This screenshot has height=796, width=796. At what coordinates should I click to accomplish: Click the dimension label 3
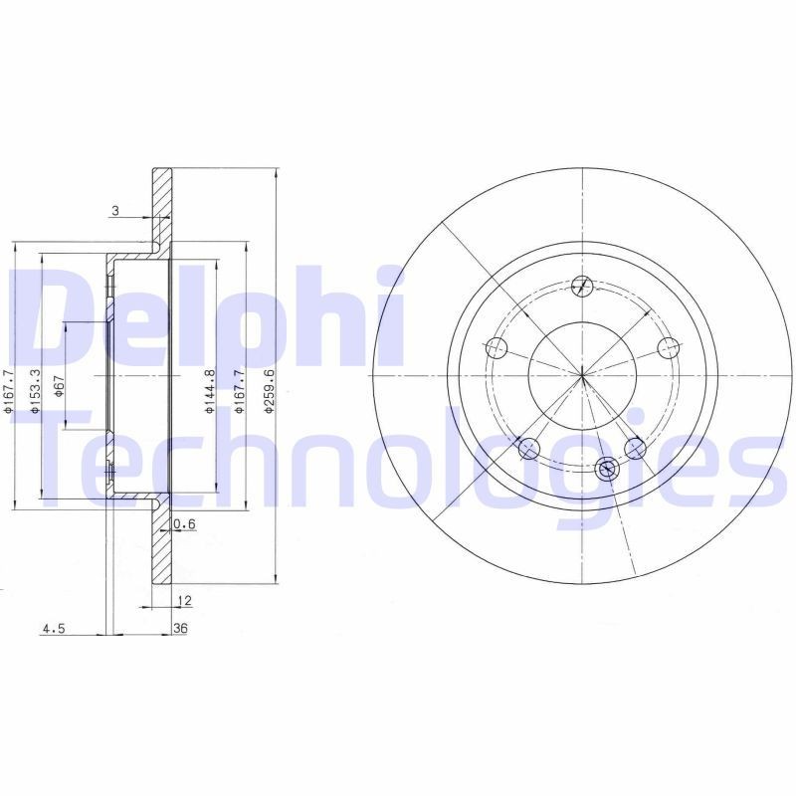(115, 210)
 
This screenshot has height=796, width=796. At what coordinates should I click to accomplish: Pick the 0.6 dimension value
(183, 524)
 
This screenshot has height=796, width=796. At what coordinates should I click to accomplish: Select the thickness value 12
(183, 600)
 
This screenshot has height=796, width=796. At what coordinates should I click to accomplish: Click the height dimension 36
(180, 628)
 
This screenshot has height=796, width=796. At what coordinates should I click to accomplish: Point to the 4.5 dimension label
(53, 628)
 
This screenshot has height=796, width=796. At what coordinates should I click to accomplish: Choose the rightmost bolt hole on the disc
(669, 347)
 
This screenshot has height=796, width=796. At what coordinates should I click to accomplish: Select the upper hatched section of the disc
(161, 199)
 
